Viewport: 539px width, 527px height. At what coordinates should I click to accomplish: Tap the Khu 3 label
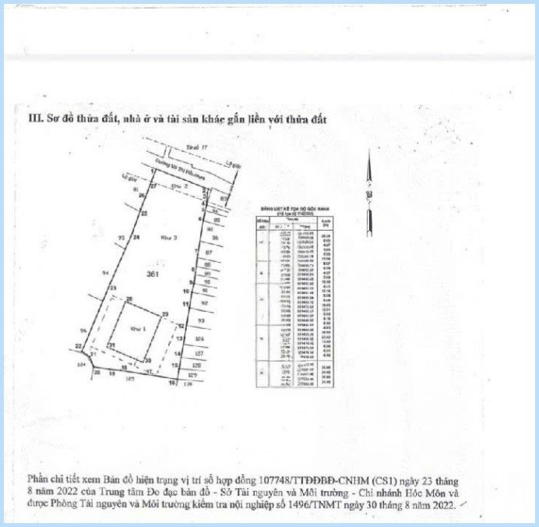coord(166,235)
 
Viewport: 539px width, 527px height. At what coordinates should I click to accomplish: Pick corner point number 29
coord(164,313)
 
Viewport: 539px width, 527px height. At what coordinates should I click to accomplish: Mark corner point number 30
coord(148,360)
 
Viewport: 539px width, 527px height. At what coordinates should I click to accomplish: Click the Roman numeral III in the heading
coord(33,119)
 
